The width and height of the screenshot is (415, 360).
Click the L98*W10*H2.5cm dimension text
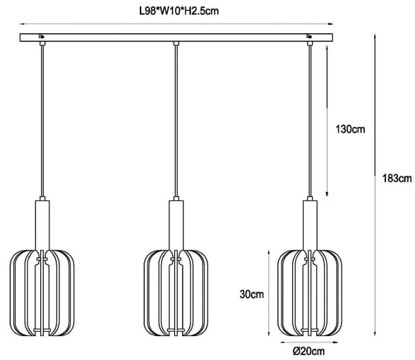[179, 11]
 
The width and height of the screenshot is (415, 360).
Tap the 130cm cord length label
[350, 129]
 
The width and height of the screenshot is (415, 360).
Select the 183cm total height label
[397, 179]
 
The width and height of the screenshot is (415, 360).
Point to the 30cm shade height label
[252, 294]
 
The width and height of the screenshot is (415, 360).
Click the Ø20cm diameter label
[308, 352]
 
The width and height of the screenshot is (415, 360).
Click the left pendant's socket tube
[42, 225]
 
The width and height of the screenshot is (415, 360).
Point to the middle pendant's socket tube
[176, 225]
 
